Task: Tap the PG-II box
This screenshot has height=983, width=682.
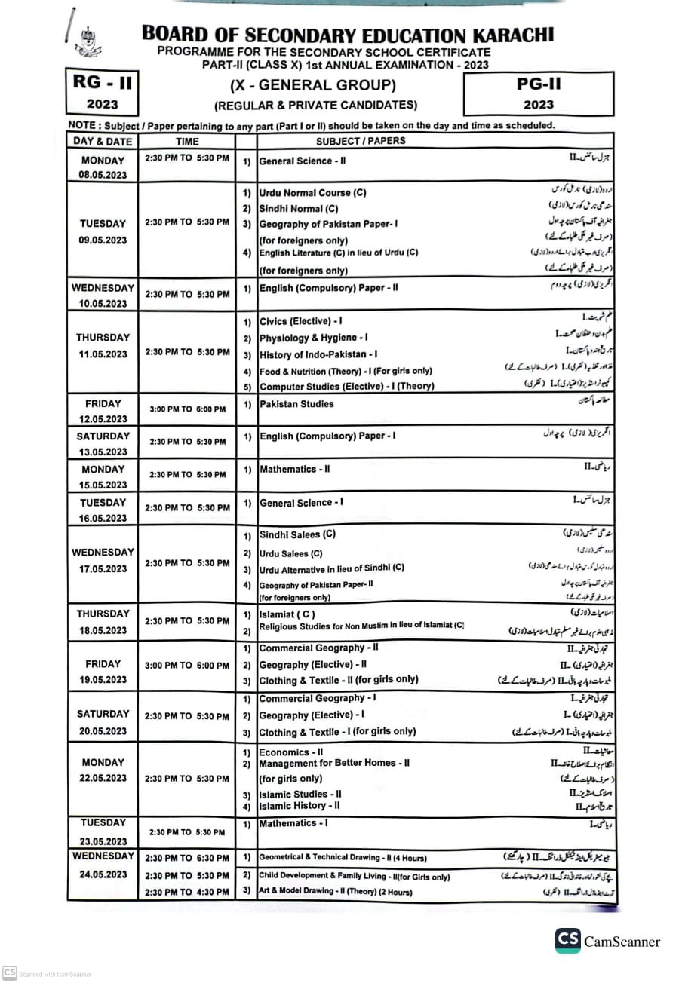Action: coord(539,93)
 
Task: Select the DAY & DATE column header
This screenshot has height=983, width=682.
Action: coord(103,141)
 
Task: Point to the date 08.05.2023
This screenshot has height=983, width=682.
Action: coord(103,175)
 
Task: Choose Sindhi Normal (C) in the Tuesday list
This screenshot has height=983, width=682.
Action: coord(298,208)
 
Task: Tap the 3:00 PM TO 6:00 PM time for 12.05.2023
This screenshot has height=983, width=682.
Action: coord(187,409)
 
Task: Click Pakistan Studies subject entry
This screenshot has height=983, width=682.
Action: coord(296,404)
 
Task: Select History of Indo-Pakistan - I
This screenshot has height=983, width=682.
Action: coord(318,354)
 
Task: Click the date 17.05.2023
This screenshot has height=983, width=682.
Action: coord(103,568)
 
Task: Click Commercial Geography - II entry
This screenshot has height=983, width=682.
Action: coord(318,648)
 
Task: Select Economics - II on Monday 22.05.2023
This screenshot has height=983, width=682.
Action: coord(290,752)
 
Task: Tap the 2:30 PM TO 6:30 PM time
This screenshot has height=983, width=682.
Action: coord(187,858)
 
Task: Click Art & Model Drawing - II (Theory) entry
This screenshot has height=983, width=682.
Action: coord(335,892)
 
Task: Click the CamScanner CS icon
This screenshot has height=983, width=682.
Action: coord(567,941)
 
